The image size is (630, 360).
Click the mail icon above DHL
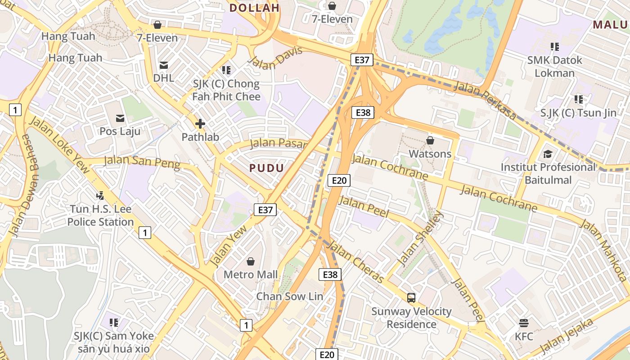click(163, 65)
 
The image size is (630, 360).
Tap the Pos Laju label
click(120, 131)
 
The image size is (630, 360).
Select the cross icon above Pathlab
click(200, 124)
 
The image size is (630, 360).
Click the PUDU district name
click(267, 168)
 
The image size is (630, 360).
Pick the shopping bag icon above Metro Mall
click(251, 261)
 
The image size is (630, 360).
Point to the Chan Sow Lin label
click(290, 297)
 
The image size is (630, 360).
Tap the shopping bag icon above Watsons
click(430, 140)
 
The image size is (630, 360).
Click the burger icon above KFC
click(523, 323)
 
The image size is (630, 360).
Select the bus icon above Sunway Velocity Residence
click(411, 297)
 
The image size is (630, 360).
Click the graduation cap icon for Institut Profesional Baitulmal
click(548, 154)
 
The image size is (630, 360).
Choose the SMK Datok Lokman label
click(555, 66)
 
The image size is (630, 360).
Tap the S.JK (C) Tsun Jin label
click(579, 112)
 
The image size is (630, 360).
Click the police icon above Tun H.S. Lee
click(100, 196)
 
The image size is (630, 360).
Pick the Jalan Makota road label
click(603, 250)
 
